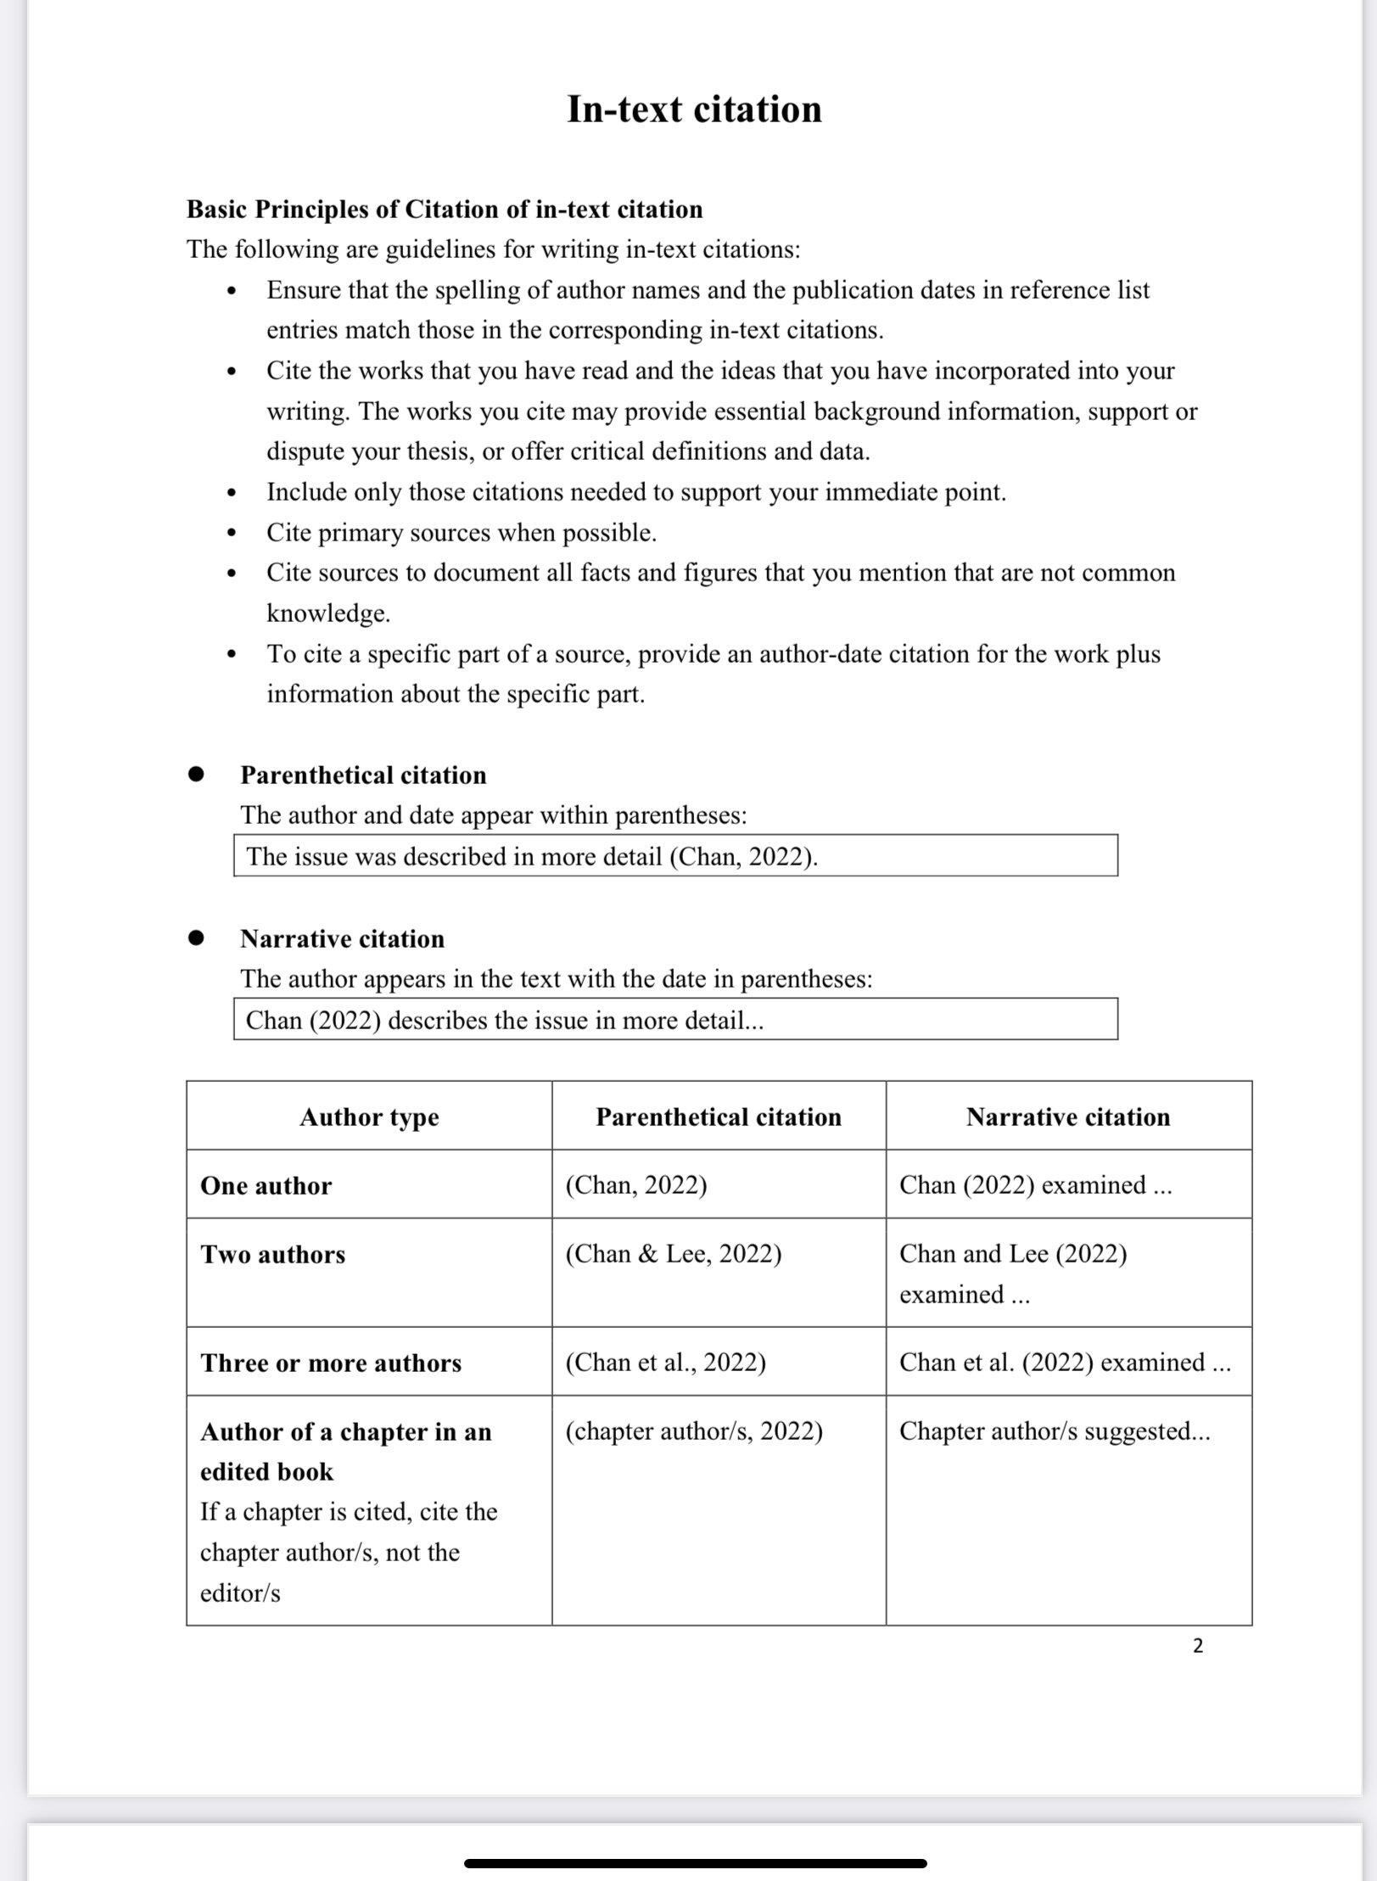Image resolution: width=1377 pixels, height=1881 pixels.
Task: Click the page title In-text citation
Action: click(x=694, y=109)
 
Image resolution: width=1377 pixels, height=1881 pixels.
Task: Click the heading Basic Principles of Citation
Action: click(x=445, y=210)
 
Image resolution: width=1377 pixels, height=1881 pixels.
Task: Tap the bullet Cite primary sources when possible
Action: click(x=462, y=533)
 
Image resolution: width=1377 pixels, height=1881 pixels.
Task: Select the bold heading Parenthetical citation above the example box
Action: click(x=363, y=775)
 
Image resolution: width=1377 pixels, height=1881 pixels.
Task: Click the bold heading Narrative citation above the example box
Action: click(x=342, y=939)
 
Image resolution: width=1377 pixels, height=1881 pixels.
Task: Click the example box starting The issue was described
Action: click(x=675, y=856)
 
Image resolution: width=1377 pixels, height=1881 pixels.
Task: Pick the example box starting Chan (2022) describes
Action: click(x=675, y=1020)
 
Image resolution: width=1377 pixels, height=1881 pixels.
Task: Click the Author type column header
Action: click(x=369, y=1117)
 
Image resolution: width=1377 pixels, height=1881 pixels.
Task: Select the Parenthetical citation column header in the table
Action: click(x=719, y=1117)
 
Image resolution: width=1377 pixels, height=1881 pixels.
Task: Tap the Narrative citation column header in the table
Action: click(x=1068, y=1117)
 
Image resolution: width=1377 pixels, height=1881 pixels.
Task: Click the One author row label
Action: click(x=266, y=1186)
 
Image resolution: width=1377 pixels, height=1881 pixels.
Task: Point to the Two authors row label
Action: click(x=272, y=1255)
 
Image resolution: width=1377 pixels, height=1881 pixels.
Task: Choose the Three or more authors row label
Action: click(x=331, y=1363)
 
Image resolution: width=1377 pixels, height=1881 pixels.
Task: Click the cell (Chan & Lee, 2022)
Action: click(x=674, y=1254)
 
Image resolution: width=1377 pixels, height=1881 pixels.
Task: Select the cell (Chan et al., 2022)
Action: click(x=666, y=1363)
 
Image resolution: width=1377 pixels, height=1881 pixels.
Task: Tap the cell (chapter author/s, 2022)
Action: click(x=694, y=1431)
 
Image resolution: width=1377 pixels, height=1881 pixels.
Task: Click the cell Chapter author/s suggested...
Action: click(x=1055, y=1431)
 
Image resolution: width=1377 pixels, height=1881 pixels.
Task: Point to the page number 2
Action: click(x=1198, y=1646)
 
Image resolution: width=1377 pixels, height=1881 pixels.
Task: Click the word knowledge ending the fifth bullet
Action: click(x=328, y=613)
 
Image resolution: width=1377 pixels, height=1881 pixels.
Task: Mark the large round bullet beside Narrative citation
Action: click(x=196, y=938)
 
